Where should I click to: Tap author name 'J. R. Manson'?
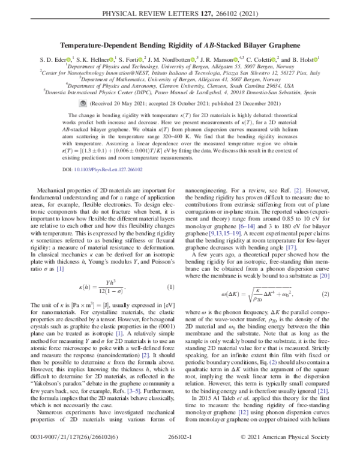click(x=218, y=59)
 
